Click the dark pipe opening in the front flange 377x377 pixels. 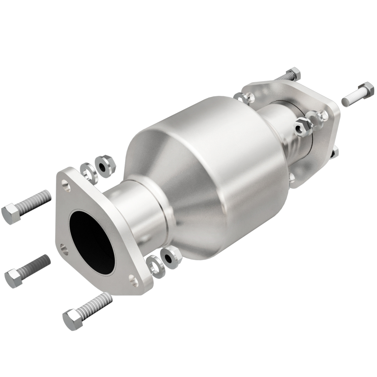pos(92,241)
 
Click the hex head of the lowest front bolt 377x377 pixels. pos(73,319)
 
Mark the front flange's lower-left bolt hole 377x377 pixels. pos(64,248)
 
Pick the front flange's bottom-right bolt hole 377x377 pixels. pos(133,279)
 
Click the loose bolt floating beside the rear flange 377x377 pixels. pos(358,94)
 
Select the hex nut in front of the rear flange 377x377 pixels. pos(303,127)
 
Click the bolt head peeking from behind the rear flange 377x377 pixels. pos(335,153)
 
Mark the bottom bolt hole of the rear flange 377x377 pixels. pos(293,176)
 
